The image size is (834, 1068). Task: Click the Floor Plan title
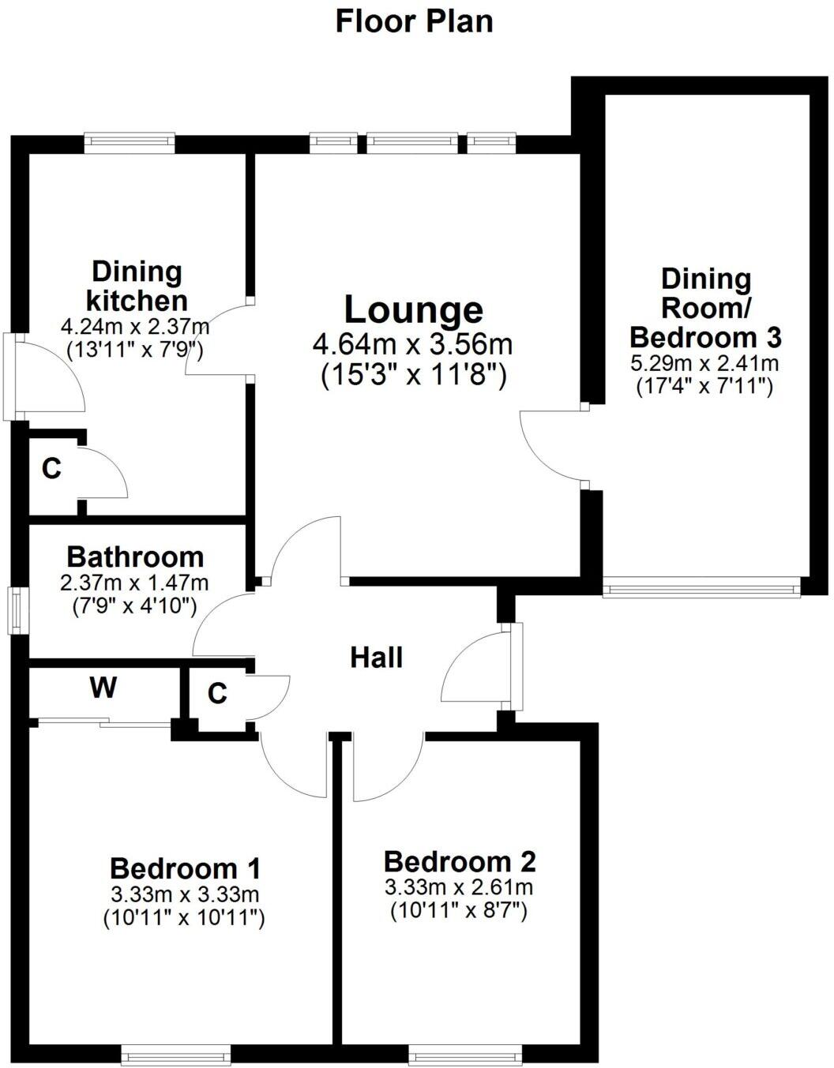tap(414, 21)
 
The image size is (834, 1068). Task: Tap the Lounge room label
tap(413, 309)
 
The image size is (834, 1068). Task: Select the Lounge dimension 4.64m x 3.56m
tap(413, 345)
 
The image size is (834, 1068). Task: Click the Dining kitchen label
tap(137, 286)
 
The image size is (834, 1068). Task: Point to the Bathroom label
tap(135, 556)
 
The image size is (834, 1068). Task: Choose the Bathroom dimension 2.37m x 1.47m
tap(134, 583)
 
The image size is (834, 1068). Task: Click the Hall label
tap(376, 657)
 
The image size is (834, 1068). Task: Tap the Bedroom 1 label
tap(185, 868)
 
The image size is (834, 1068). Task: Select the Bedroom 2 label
tap(460, 861)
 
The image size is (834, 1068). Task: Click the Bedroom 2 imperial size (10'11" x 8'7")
tap(459, 910)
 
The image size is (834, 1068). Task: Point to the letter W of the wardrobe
tap(103, 688)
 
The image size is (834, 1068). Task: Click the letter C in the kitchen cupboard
tap(51, 469)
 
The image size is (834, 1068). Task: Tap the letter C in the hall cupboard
tap(217, 694)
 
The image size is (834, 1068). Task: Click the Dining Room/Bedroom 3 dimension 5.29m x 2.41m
tap(704, 364)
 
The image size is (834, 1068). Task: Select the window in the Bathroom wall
tap(17, 609)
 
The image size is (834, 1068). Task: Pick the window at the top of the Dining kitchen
tap(130, 141)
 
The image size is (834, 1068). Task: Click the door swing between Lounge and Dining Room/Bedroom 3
tap(549, 446)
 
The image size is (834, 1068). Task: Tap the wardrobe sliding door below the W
tap(104, 721)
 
